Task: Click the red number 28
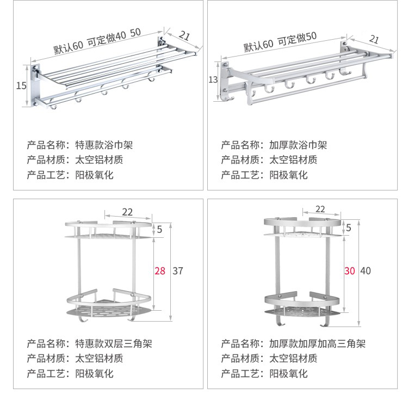click(x=160, y=270)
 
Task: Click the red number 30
click(x=349, y=270)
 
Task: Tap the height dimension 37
click(x=177, y=270)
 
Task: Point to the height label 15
click(x=21, y=85)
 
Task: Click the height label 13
click(x=213, y=80)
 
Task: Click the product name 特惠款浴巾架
click(x=103, y=145)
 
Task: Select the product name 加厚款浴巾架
click(x=298, y=145)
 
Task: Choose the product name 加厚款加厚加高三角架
click(x=317, y=344)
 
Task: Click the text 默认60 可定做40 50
click(x=97, y=41)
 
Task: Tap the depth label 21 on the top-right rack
click(x=374, y=39)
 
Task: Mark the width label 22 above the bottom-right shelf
click(x=320, y=209)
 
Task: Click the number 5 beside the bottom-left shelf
click(x=159, y=230)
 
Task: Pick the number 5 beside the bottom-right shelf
click(x=349, y=226)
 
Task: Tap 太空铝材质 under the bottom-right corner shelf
click(x=293, y=359)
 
